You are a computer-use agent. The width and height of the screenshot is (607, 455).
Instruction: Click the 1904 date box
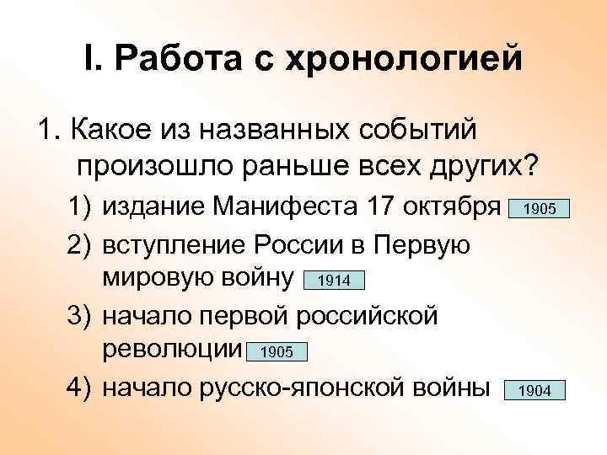coord(534,390)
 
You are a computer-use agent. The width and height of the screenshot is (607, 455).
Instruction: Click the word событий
coord(412,131)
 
